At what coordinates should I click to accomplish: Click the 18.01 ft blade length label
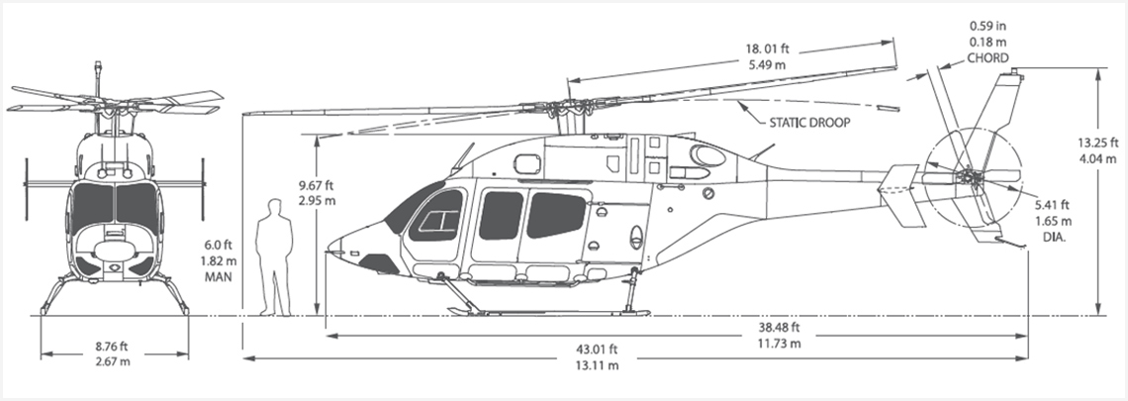pyautogui.click(x=767, y=50)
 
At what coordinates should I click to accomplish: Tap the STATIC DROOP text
pyautogui.click(x=810, y=123)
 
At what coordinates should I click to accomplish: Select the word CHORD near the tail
pyautogui.click(x=987, y=58)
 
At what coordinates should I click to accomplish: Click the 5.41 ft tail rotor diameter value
pyautogui.click(x=1053, y=205)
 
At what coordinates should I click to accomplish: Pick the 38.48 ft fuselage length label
pyautogui.click(x=779, y=329)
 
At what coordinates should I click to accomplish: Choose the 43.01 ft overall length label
pyautogui.click(x=597, y=350)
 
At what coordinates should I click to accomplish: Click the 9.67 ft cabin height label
pyautogui.click(x=317, y=186)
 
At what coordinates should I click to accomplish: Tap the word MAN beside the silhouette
pyautogui.click(x=218, y=277)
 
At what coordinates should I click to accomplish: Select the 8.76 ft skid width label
pyautogui.click(x=113, y=347)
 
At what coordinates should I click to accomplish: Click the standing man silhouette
pyautogui.click(x=275, y=257)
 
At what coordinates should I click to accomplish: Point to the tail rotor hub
pyautogui.click(x=966, y=175)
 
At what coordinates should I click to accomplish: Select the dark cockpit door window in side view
pyautogui.click(x=436, y=215)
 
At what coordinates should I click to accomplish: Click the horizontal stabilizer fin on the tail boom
pyautogui.click(x=899, y=195)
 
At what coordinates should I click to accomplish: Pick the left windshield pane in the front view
pyautogui.click(x=93, y=204)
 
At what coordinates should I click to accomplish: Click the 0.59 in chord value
pyautogui.click(x=988, y=27)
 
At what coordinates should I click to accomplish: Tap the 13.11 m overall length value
pyautogui.click(x=597, y=365)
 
